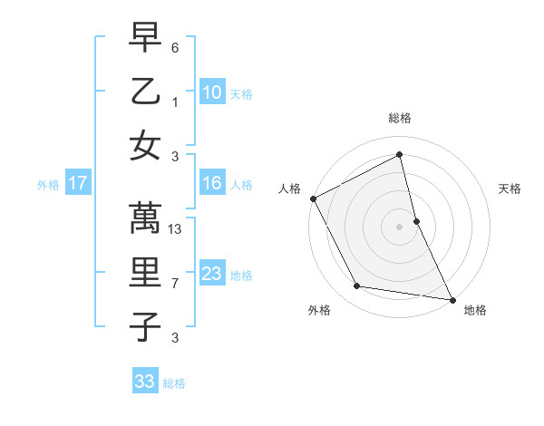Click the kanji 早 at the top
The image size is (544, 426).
tap(145, 38)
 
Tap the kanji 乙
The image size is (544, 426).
tap(145, 92)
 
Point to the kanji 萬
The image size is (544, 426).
tap(145, 218)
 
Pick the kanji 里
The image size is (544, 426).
tap(145, 272)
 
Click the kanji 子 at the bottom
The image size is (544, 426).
tap(145, 325)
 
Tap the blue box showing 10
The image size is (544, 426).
tap(212, 92)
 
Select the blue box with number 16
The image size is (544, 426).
tap(212, 183)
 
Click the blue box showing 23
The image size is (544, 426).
tap(212, 274)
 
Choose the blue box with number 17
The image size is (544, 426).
tap(77, 183)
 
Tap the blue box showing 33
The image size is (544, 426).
tap(144, 382)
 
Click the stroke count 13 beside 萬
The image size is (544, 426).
tap(176, 229)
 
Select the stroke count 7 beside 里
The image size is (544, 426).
tap(175, 284)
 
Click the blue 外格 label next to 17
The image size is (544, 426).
tap(48, 185)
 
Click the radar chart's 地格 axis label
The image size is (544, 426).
tap(474, 311)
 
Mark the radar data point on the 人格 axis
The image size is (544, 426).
tap(313, 198)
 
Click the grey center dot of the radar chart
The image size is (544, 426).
tap(399, 227)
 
